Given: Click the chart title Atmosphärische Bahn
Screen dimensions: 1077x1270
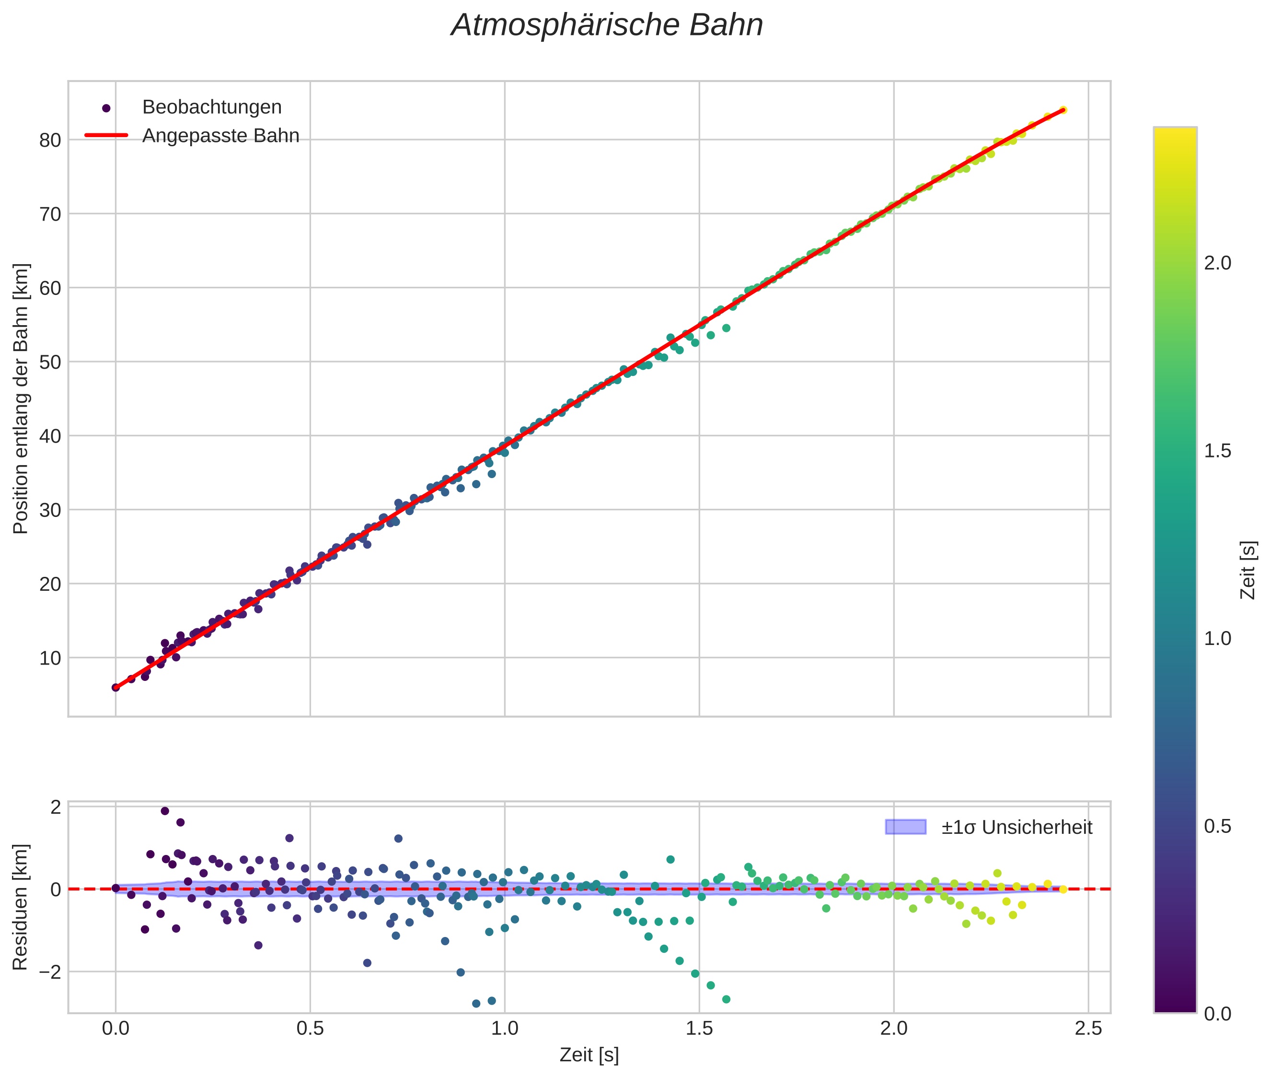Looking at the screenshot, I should pos(607,25).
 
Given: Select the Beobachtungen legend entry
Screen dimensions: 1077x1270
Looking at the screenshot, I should pos(211,107).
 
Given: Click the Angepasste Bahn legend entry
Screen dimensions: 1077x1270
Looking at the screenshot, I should pos(220,136).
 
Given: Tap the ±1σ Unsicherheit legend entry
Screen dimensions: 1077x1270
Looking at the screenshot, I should pos(1016,827).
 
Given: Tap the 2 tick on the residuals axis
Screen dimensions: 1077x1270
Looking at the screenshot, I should pos(56,807).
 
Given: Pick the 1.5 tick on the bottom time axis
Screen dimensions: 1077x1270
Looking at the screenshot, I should pos(699,1029).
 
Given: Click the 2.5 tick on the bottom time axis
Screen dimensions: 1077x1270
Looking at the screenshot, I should pos(1088,1029).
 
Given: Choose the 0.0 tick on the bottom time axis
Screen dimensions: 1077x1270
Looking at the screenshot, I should pos(115,1029).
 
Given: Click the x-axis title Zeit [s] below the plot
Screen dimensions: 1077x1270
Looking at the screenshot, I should pos(589,1054).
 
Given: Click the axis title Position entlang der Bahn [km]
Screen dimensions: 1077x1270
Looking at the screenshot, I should pos(20,398).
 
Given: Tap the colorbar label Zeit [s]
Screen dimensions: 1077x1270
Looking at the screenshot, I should pos(1248,570).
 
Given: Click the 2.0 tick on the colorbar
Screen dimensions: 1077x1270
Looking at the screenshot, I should pos(1217,263).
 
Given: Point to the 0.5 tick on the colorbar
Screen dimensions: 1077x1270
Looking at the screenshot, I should pos(1217,827).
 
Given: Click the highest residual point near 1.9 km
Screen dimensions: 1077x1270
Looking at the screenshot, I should pos(165,811).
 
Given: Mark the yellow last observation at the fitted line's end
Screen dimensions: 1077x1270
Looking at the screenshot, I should pos(1062,110).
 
